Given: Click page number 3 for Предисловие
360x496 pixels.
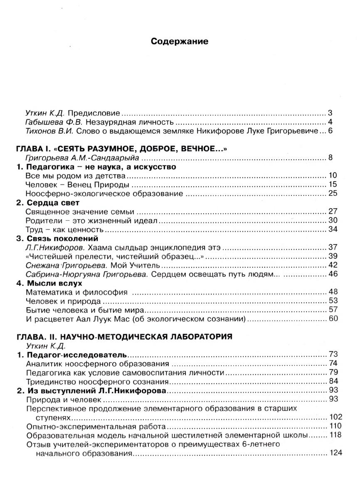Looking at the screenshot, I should pos(330,113).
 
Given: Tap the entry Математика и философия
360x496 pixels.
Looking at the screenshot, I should pos(76,292).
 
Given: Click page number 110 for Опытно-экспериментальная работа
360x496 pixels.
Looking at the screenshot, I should pos(335,426).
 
